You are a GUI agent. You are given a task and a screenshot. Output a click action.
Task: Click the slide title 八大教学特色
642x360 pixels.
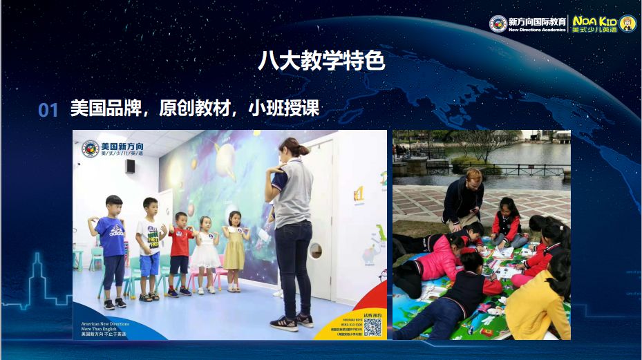pos(321,61)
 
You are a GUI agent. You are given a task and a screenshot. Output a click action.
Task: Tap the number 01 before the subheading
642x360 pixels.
pos(48,110)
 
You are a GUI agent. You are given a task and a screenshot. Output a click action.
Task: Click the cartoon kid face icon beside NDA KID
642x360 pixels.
pos(627,23)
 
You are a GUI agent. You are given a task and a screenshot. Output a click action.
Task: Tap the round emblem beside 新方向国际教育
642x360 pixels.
pos(498,23)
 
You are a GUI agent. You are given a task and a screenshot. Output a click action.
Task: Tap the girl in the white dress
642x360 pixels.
pos(205,252)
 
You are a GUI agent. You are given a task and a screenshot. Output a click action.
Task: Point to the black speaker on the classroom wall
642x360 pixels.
pos(130,167)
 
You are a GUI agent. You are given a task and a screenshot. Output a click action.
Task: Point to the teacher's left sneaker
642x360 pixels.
pos(283,323)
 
